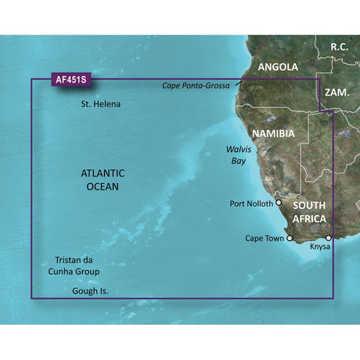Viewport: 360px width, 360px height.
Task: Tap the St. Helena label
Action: pyautogui.click(x=101, y=104)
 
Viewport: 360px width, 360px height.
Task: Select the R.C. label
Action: pyautogui.click(x=338, y=47)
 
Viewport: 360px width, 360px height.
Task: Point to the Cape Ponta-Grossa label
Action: pyautogui.click(x=196, y=86)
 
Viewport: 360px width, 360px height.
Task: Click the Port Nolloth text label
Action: pyautogui.click(x=251, y=203)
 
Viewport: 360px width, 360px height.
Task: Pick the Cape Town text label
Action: pyautogui.click(x=265, y=238)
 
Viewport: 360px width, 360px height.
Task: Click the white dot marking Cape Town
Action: pyautogui.click(x=290, y=238)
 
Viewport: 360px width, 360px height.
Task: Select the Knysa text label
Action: pyautogui.click(x=322, y=247)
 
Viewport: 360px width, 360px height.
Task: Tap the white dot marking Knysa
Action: pyautogui.click(x=329, y=237)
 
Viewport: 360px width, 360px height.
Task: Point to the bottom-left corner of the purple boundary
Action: pyautogui.click(x=31, y=298)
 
